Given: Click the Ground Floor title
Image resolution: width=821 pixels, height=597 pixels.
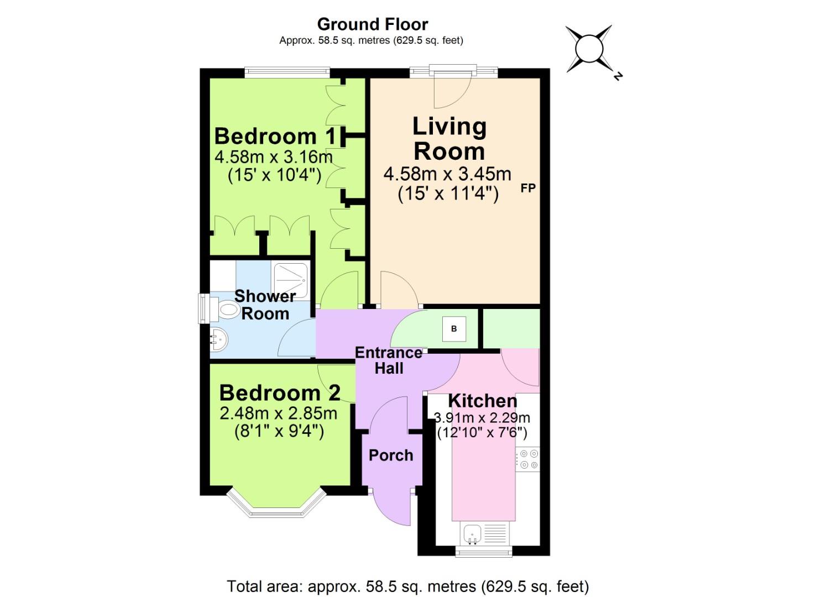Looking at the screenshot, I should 372,24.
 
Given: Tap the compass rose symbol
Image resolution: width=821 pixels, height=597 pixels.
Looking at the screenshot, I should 589,49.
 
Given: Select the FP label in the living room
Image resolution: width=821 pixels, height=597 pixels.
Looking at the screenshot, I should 528,188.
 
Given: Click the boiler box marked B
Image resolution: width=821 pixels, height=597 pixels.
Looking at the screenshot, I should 454,329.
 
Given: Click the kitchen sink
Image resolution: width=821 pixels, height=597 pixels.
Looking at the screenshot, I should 473,533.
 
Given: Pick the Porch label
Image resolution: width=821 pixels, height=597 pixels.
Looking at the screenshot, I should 391,455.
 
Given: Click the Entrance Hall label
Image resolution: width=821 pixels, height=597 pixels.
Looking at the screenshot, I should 389,360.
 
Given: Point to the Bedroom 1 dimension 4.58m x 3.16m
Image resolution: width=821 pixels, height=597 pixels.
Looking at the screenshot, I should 274,157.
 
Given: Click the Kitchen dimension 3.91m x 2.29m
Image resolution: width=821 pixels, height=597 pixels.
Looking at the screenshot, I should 482,418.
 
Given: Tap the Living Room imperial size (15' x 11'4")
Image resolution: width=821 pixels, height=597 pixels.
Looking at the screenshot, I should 448,194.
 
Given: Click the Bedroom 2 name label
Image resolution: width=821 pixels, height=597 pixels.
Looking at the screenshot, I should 280,392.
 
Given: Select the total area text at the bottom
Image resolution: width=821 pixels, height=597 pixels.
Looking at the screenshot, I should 408,586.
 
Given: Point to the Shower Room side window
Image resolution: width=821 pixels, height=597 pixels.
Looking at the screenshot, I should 203,308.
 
